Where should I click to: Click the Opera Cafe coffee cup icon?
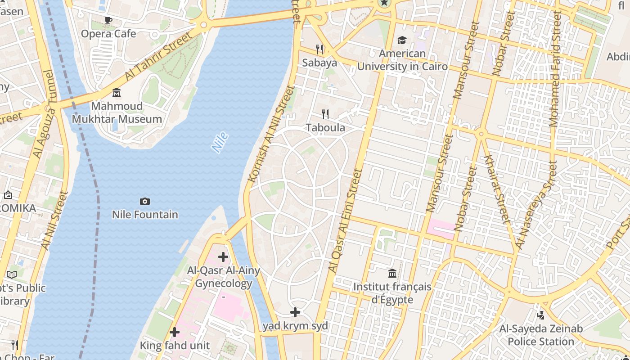(x=108, y=20)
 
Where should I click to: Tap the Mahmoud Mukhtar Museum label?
(x=117, y=112)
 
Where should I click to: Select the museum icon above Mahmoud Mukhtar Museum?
(x=117, y=93)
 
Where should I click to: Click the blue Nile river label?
(x=220, y=142)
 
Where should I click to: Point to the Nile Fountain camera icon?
(x=145, y=201)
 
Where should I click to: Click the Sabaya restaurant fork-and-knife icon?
(x=319, y=49)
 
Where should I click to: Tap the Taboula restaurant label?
(x=325, y=128)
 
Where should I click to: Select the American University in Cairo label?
(x=402, y=60)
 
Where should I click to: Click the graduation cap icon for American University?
(x=402, y=40)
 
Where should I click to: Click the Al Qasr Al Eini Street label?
(x=346, y=220)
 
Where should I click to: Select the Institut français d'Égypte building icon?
(x=392, y=273)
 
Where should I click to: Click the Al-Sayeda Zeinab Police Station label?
(x=541, y=335)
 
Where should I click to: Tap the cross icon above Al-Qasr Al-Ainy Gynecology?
(x=223, y=257)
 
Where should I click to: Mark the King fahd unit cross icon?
(x=175, y=332)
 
